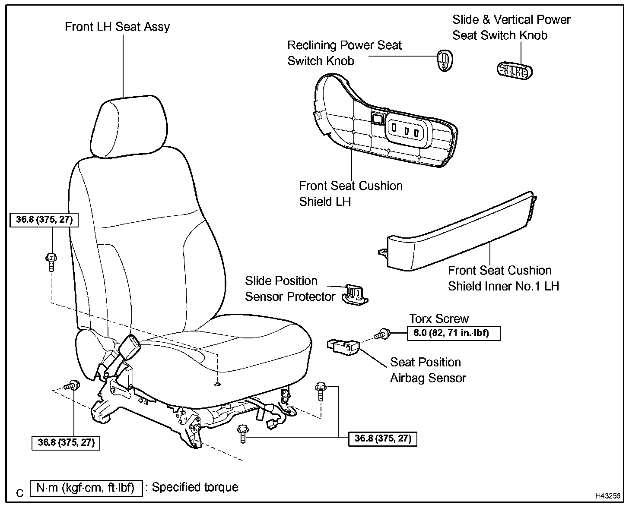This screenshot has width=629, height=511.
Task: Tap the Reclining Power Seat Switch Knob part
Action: point(445,60)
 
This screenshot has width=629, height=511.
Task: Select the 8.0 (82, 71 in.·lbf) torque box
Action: point(454,334)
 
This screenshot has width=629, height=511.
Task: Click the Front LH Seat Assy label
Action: point(117,27)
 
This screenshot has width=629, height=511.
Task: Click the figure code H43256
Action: point(608,496)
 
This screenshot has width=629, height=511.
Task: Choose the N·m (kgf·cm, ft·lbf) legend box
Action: point(86,488)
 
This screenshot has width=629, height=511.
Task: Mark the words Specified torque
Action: point(195,487)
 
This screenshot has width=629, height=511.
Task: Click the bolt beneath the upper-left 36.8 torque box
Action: point(51,261)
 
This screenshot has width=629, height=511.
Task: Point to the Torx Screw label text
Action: point(439,319)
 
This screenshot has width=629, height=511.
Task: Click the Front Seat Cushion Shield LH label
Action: point(350,194)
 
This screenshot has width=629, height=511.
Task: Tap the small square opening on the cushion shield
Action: point(377,118)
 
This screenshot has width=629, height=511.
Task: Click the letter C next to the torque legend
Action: point(19,493)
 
